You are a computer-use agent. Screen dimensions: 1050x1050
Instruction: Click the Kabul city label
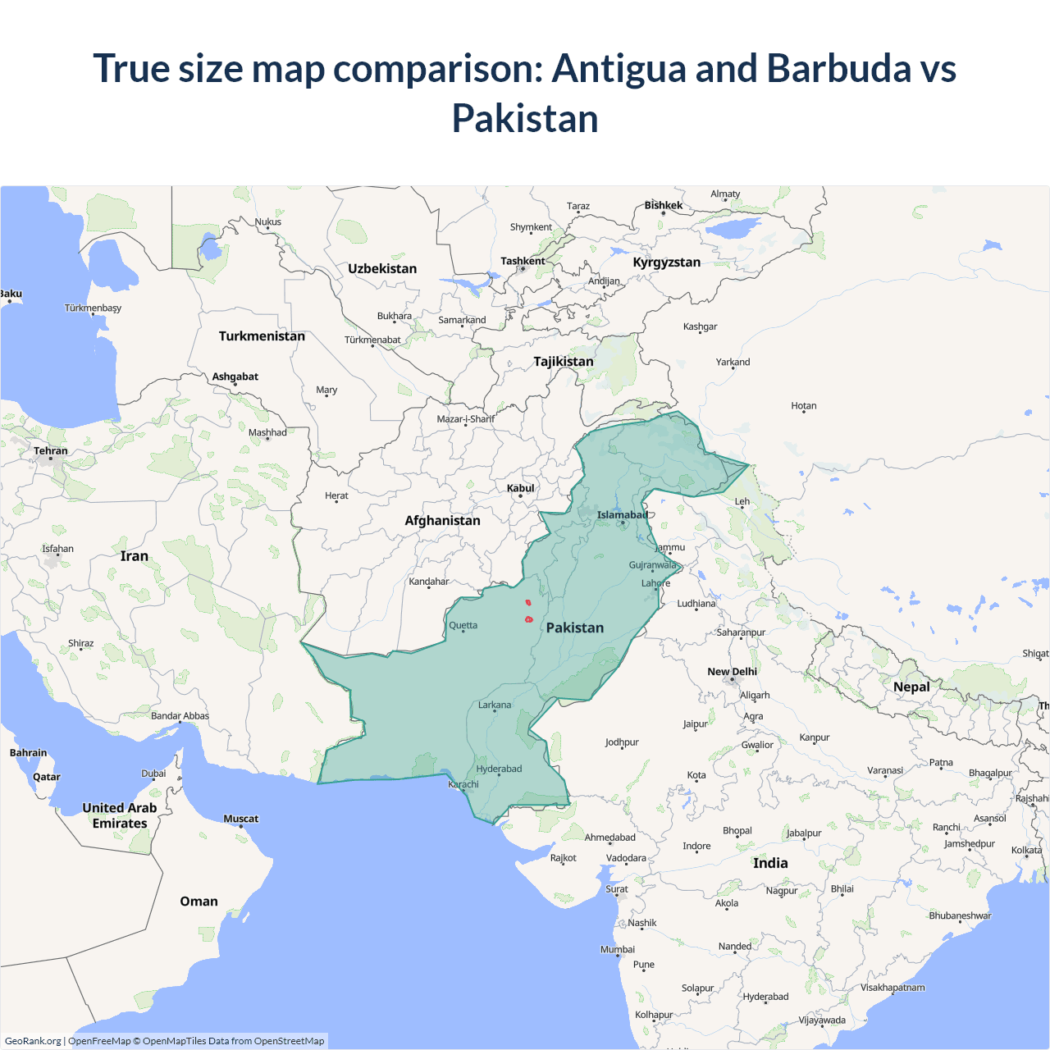click(x=520, y=488)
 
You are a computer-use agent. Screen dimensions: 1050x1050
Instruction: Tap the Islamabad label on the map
click(x=622, y=515)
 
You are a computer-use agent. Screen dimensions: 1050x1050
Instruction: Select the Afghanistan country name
click(x=442, y=520)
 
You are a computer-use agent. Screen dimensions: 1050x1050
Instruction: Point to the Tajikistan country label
click(x=563, y=361)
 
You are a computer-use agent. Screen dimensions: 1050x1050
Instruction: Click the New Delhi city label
click(x=732, y=671)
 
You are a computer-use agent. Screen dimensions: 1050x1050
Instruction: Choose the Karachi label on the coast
click(x=463, y=784)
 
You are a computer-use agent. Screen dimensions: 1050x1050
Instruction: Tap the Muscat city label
click(x=240, y=819)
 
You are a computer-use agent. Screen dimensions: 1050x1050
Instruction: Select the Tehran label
click(x=51, y=450)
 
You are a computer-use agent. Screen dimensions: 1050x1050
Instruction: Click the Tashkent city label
click(x=523, y=261)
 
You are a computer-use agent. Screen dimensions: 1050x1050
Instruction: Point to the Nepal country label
click(x=911, y=687)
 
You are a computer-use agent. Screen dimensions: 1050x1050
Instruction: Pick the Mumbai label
click(x=618, y=949)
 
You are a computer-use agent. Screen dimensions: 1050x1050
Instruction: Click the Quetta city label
click(x=463, y=625)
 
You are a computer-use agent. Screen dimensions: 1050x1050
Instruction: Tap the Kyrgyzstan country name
click(x=666, y=262)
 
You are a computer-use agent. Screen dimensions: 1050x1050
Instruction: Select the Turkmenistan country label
click(x=262, y=336)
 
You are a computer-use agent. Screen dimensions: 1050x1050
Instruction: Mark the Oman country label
click(x=199, y=901)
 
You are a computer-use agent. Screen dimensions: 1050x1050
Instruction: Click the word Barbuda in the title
click(x=838, y=68)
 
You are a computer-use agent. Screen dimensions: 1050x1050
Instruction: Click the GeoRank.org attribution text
click(x=33, y=1041)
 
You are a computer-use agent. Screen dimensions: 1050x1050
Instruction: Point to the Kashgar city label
click(x=700, y=326)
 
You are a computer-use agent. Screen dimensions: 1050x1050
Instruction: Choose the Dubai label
click(x=153, y=774)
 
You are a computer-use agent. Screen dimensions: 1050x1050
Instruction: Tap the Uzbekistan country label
click(x=382, y=268)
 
